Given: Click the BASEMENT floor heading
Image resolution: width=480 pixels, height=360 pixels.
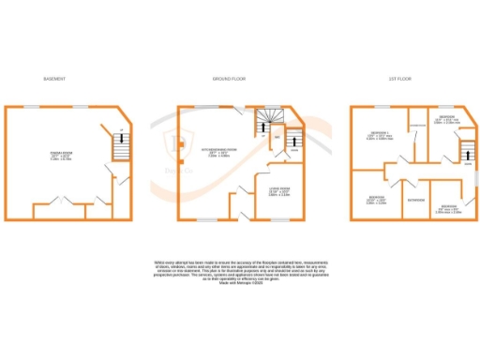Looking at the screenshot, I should click(x=53, y=79).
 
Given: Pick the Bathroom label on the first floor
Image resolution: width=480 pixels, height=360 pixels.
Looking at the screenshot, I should click(x=414, y=200).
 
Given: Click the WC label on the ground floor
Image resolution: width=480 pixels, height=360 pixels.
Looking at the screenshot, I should click(x=277, y=138).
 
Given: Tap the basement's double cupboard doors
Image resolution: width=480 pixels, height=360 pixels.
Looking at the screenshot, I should click(x=57, y=200).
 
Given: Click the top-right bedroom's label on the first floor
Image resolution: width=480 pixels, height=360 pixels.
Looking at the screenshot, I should click(x=447, y=120).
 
